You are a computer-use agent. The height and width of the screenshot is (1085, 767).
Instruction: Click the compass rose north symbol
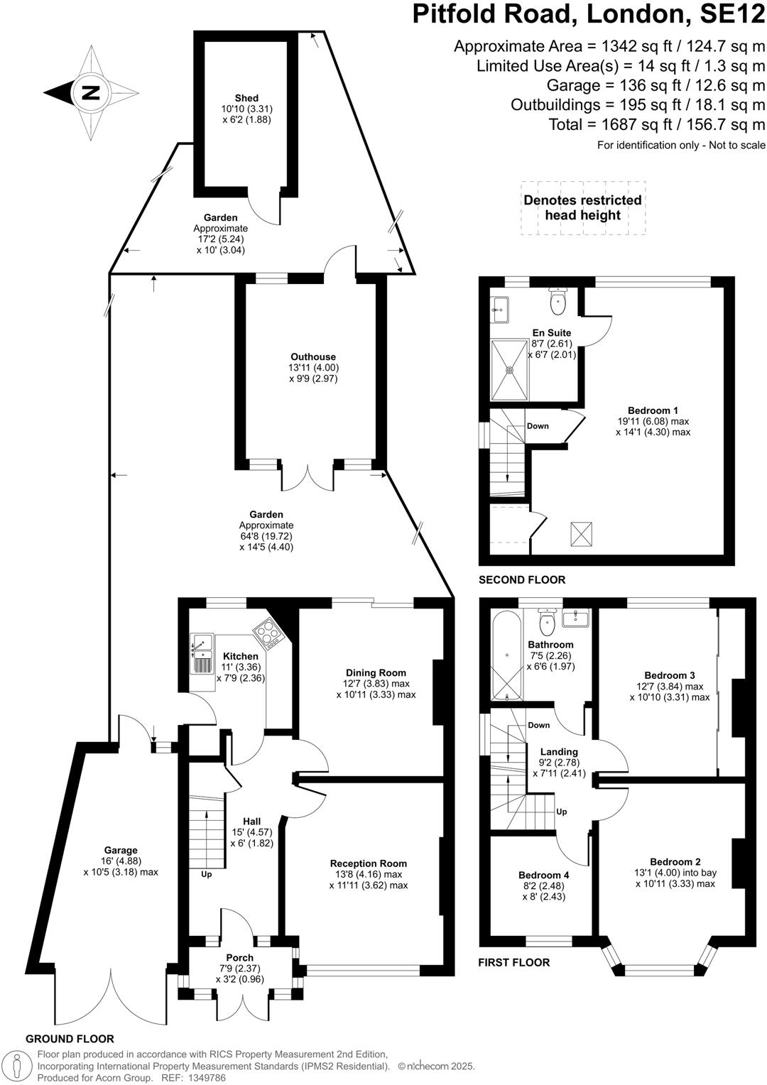(x=90, y=92)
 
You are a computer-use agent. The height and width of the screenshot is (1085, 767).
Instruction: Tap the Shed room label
(x=246, y=98)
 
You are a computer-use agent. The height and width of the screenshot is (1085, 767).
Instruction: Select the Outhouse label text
(x=312, y=357)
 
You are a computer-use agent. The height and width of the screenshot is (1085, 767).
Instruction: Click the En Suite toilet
(x=558, y=302)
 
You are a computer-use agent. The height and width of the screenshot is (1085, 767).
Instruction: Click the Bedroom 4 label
(x=543, y=875)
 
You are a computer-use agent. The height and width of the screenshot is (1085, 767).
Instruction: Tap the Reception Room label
(x=368, y=863)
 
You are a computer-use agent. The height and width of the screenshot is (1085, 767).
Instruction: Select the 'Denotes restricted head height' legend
(x=582, y=207)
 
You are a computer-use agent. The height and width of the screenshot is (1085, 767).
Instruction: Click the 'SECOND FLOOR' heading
(x=522, y=580)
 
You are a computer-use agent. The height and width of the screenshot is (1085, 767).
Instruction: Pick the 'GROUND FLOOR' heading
(x=70, y=1039)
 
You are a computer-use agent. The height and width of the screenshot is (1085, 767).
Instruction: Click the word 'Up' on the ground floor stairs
(x=207, y=874)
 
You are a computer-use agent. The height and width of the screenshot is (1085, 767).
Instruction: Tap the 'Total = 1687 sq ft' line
(x=656, y=124)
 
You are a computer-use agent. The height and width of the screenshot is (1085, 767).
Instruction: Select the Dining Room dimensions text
(x=376, y=689)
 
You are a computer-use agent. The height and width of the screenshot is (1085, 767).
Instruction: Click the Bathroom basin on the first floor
(x=576, y=618)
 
